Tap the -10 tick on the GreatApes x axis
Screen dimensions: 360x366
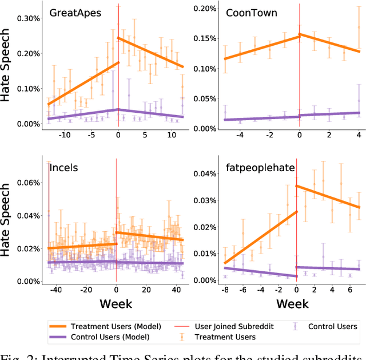click(x=65, y=136)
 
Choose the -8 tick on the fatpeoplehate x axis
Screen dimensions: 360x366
click(x=224, y=290)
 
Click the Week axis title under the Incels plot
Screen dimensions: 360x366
click(x=117, y=303)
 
